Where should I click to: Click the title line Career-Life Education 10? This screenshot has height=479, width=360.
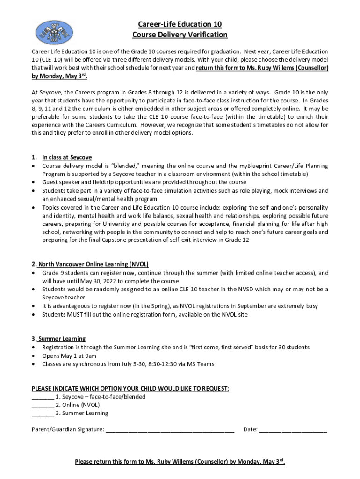click(180, 24)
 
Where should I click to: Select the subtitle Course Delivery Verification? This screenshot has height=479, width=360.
click(180, 35)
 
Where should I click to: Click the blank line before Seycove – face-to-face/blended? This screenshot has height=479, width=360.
click(43, 397)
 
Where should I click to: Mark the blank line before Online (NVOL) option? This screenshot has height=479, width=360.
click(43, 405)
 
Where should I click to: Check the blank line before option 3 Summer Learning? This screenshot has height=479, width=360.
click(43, 414)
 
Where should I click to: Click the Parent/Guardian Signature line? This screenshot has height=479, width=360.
click(170, 429)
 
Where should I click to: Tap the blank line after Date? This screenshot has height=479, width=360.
click(293, 429)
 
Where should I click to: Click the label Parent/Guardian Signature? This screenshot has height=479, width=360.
click(68, 429)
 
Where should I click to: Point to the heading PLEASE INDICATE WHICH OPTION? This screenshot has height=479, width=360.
click(130, 389)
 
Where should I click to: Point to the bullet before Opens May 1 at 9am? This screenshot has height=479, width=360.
click(34, 356)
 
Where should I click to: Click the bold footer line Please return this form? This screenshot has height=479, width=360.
click(180, 462)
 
